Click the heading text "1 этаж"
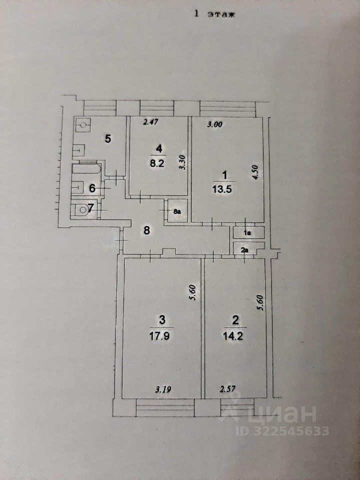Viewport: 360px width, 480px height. pyautogui.click(x=213, y=14)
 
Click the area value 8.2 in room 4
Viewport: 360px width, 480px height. pyautogui.click(x=158, y=162)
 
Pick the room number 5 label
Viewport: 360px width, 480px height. pyautogui.click(x=107, y=139)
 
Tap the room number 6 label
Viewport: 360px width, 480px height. pyautogui.click(x=92, y=188)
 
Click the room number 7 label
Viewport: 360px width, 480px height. pyautogui.click(x=90, y=208)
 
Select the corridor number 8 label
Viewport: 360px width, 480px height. pyautogui.click(x=146, y=230)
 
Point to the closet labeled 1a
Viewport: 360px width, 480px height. pyautogui.click(x=246, y=232)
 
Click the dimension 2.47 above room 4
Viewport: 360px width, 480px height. pyautogui.click(x=150, y=122)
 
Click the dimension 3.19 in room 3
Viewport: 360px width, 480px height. pyautogui.click(x=161, y=387)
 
